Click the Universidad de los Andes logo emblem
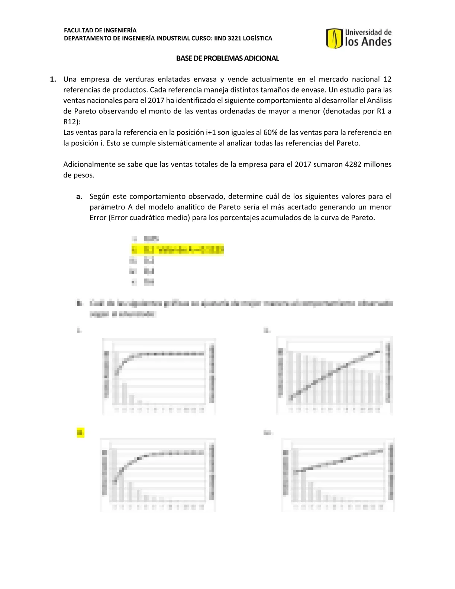pyautogui.click(x=334, y=39)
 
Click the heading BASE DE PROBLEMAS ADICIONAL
pyautogui.click(x=227, y=58)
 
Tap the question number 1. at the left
pyautogui.click(x=53, y=79)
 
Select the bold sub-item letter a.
pyautogui.click(x=79, y=196)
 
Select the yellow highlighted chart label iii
pyautogui.click(x=80, y=432)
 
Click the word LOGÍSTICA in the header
pyautogui.click(x=258, y=38)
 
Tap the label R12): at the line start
pyautogui.click(x=72, y=122)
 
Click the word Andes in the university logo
pyautogui.click(x=376, y=42)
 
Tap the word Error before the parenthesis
pyautogui.click(x=98, y=218)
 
